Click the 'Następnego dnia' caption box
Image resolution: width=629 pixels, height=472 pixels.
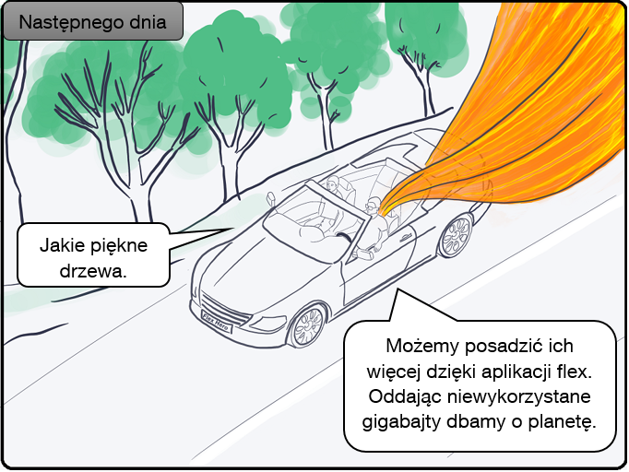(93, 23)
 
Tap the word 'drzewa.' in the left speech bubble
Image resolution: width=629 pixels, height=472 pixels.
(93, 272)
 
